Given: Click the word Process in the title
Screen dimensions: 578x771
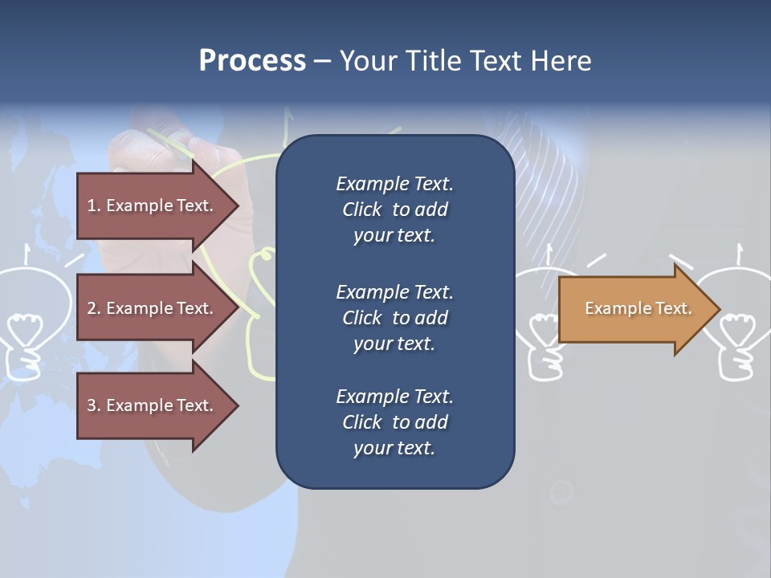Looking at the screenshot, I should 252,61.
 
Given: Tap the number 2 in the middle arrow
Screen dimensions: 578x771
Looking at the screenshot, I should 92,308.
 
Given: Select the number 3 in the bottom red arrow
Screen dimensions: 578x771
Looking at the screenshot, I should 92,405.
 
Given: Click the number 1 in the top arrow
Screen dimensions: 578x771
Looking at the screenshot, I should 91,206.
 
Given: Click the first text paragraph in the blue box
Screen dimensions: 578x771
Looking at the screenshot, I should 394,210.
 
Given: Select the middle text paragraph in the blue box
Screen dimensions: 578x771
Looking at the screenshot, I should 394,318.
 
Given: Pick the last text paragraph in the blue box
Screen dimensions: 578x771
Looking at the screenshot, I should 394,422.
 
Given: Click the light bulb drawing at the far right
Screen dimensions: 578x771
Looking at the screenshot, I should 739,321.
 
